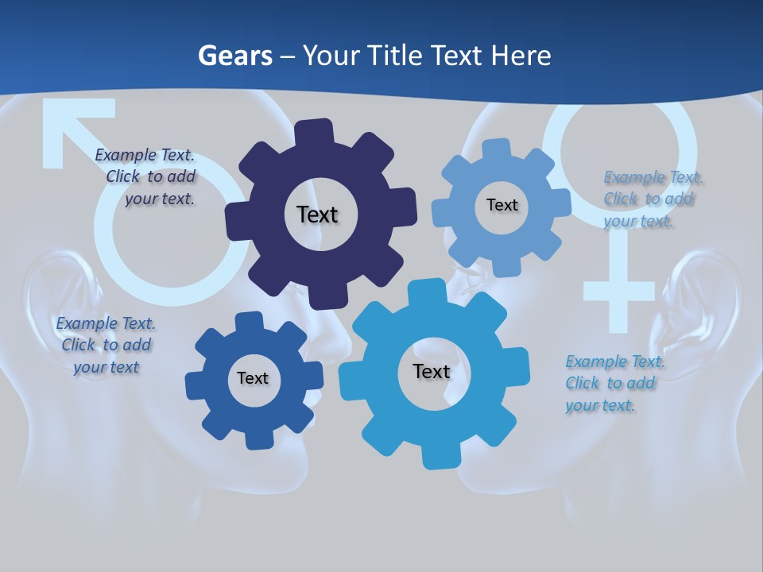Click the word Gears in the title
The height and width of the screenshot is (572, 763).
coord(234,56)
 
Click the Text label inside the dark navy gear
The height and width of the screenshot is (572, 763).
coord(317,214)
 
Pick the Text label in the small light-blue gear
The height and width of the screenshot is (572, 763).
coord(502,205)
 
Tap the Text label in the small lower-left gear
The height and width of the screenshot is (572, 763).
coord(252,378)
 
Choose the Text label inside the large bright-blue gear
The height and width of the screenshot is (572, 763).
coord(432,371)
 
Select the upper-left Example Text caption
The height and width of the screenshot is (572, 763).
coord(147,176)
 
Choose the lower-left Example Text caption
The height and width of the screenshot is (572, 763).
coord(106,345)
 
